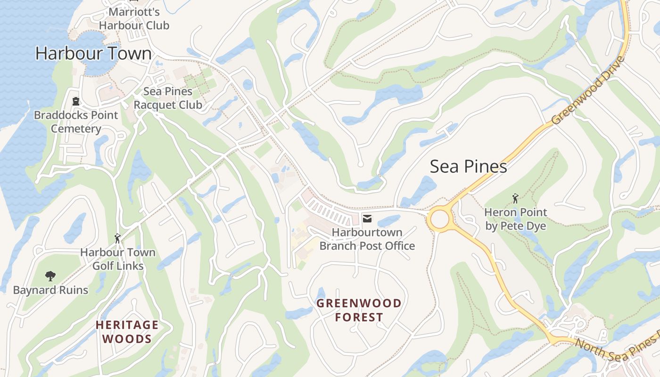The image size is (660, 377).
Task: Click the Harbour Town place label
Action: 93,54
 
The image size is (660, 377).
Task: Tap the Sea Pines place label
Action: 468,166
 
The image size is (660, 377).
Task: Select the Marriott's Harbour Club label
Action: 134,19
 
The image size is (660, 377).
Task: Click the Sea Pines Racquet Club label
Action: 168,98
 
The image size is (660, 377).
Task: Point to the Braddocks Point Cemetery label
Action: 76,122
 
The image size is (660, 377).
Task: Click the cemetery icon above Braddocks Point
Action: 75,101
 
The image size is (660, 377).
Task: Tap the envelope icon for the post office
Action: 367,218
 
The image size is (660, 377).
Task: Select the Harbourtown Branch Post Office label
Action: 367,239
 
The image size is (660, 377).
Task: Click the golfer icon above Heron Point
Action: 515,198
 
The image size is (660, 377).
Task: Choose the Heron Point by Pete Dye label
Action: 515,219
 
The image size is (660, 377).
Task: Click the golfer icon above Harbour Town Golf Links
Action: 117,238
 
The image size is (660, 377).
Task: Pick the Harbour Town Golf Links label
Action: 117,259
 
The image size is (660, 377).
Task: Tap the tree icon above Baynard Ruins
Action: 50,276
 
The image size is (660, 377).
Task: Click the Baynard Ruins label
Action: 50,290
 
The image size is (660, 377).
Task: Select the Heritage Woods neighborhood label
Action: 127,332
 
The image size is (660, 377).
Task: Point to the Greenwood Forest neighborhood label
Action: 359,310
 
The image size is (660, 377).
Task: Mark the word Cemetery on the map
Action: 76,129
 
